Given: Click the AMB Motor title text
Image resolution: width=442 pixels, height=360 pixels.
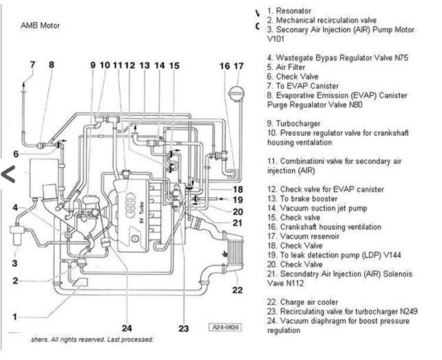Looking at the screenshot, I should click(40, 26).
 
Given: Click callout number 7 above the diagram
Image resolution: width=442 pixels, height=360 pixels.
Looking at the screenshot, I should click(32, 64).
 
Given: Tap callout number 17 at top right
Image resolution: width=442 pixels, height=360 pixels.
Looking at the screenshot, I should click(239, 66).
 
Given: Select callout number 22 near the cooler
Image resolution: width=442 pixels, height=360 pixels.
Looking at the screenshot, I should click(237, 290).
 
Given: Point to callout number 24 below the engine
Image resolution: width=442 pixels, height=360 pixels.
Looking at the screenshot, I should click(127, 328).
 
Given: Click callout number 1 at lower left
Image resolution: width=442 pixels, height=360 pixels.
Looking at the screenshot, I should click(15, 316).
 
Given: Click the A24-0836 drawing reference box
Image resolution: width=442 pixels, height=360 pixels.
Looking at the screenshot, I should click(226, 327).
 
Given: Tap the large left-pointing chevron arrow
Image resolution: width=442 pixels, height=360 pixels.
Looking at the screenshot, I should click(8, 174).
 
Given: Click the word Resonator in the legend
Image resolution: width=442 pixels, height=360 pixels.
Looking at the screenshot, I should click(294, 11).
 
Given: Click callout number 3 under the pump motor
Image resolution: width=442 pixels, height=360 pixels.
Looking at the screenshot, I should click(15, 263).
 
